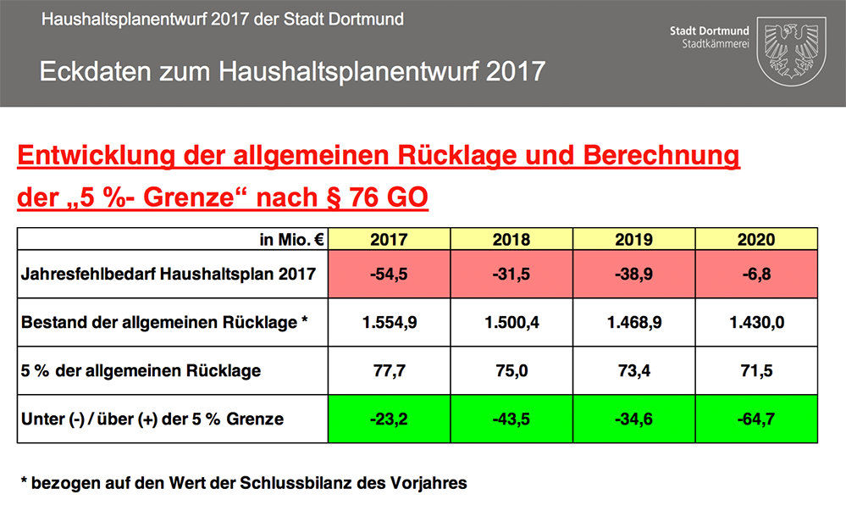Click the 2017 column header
389,240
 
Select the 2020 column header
756,240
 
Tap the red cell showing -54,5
389,274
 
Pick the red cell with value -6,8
756,274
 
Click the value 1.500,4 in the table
511,322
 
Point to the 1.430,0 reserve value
756,322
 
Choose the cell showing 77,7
389,370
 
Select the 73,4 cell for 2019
633,370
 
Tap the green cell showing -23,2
389,419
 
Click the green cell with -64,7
756,419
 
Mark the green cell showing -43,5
511,419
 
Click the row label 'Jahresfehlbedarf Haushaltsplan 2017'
169,274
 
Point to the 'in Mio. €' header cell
292,240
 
